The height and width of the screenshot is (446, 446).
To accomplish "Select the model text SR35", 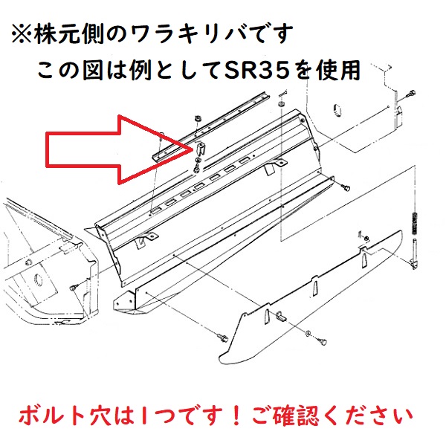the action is coord(258,71).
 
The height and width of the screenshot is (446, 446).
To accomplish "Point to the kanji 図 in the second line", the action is coord(93,71).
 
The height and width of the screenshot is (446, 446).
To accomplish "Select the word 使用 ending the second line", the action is coord(339,70).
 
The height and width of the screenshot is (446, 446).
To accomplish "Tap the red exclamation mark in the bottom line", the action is coord(236,416).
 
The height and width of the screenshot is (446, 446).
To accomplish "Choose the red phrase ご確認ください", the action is coord(332,416).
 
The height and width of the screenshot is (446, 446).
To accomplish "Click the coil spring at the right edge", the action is coord(415,223).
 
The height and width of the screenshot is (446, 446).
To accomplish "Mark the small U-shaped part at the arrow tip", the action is coord(201,148).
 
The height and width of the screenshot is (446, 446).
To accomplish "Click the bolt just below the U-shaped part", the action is coord(196,169).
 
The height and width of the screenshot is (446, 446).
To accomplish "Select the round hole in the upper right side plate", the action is coord(337,110).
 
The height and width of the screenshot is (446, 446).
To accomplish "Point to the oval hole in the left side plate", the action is coord(39,280).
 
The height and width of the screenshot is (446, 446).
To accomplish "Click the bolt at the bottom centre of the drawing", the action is coord(223,337).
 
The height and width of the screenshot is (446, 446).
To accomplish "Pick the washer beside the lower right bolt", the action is coord(308,333).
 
